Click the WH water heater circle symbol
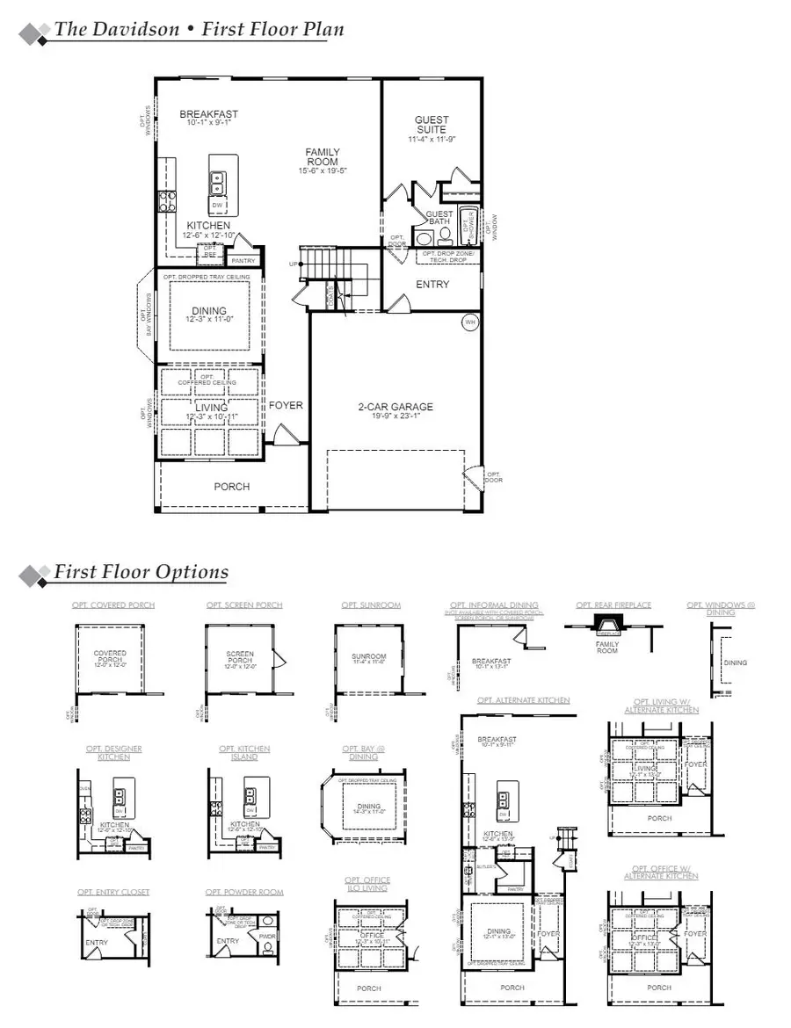[x=470, y=322]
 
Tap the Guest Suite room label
[x=432, y=125]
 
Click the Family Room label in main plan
[x=323, y=157]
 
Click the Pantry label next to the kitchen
[x=241, y=260]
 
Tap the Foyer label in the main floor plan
[x=286, y=406]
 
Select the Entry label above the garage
[x=432, y=285]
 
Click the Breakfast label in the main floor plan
[x=208, y=114]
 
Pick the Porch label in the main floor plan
[x=232, y=487]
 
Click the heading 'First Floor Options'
[x=141, y=572]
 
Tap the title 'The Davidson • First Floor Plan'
[x=199, y=29]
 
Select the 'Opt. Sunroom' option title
[x=371, y=605]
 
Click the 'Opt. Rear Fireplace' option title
[x=613, y=605]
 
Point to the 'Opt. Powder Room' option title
[x=245, y=892]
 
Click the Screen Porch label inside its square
[x=239, y=658]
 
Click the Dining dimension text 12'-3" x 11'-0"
[x=209, y=321]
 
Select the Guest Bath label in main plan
[x=439, y=218]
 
